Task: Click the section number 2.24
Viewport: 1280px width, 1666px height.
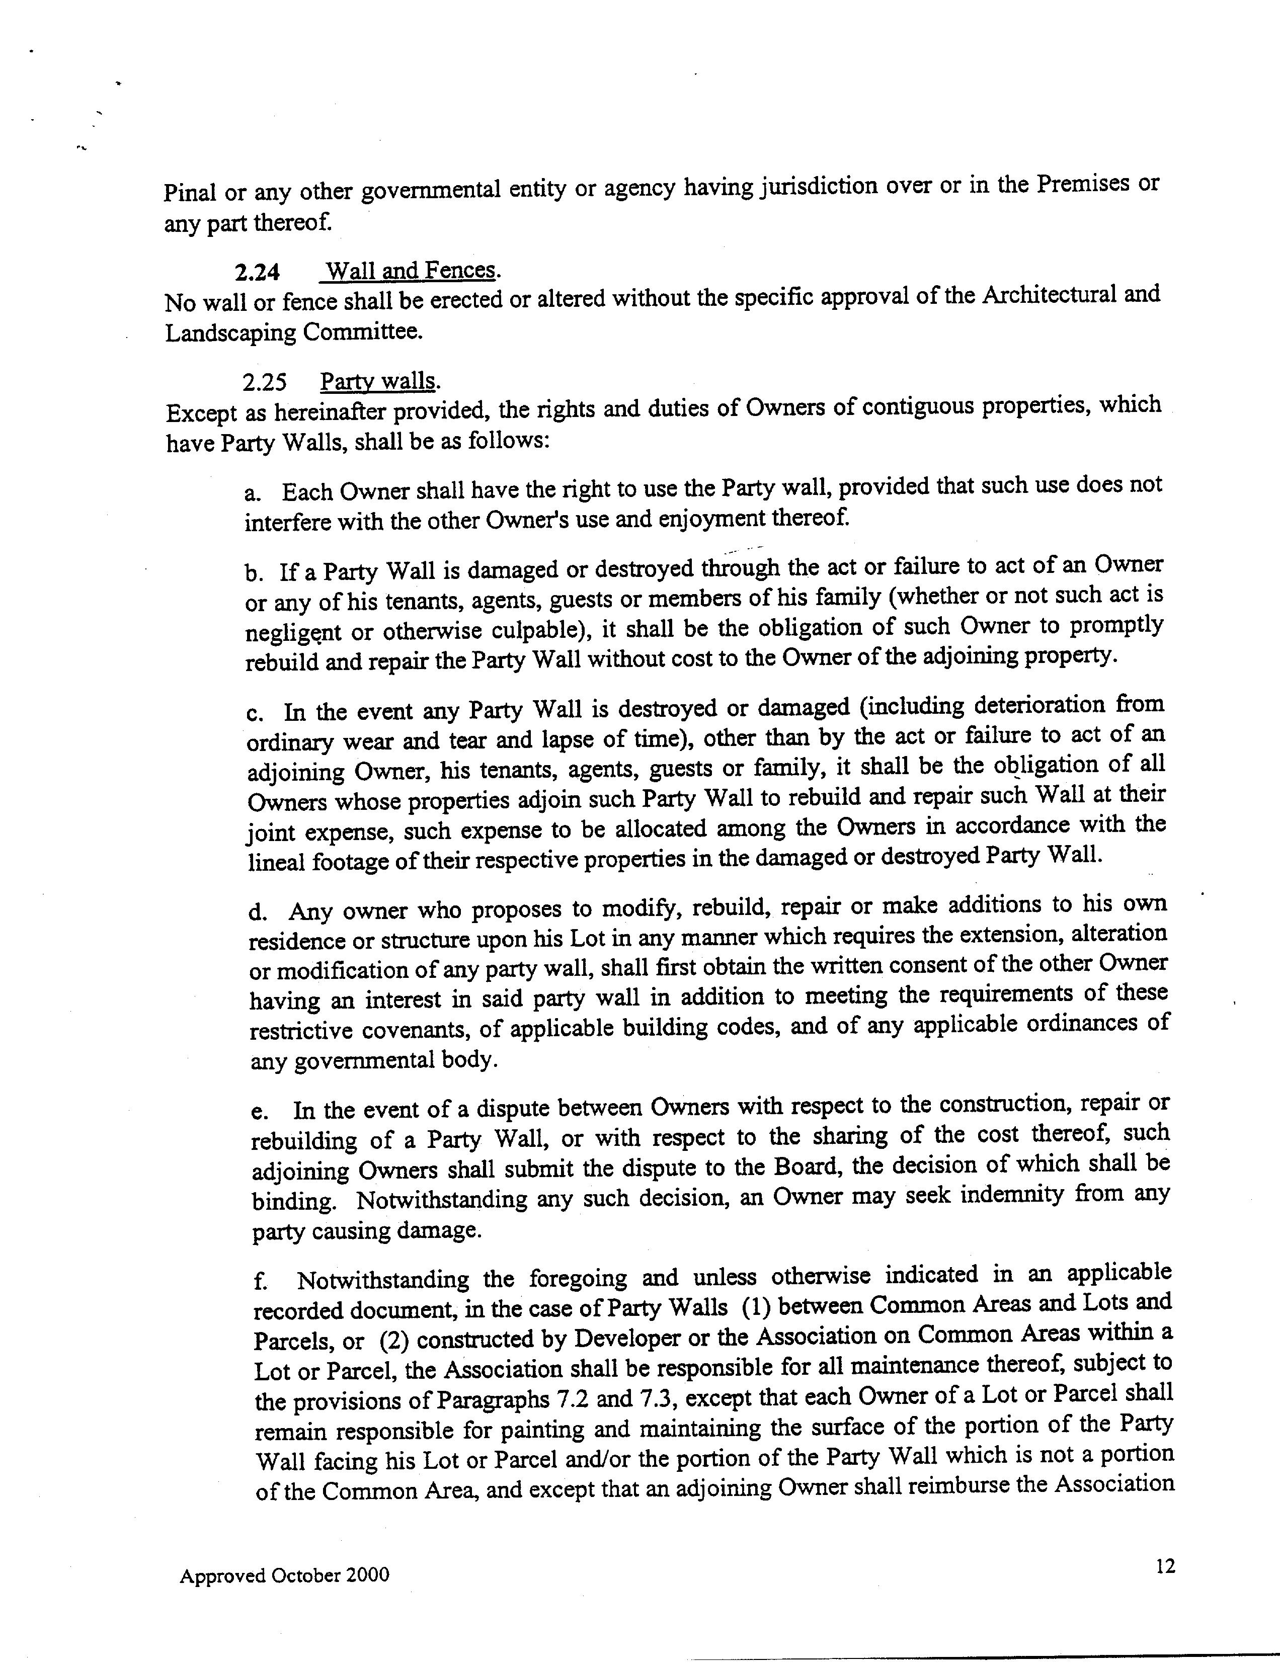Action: pos(257,272)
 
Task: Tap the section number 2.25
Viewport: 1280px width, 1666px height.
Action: pos(264,382)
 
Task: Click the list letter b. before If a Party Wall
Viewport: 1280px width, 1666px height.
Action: pos(254,573)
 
